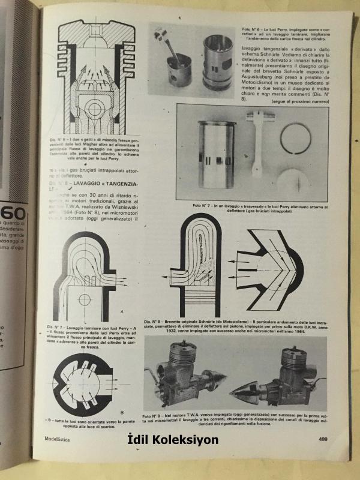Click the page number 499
coord(322,440)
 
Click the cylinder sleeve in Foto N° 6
coord(215,61)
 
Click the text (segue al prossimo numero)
coord(298,102)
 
